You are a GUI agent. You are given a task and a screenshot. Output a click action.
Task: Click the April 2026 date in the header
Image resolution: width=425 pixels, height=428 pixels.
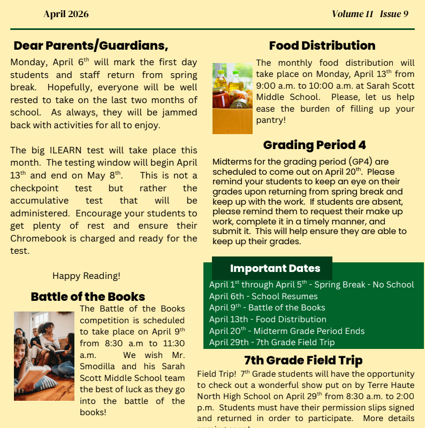pyautogui.click(x=66, y=14)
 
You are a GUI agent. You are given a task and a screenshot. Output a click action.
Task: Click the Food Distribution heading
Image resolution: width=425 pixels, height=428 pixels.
pyautogui.click(x=322, y=45)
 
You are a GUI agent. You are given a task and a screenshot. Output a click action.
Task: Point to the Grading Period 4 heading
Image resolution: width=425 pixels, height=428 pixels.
pyautogui.click(x=314, y=145)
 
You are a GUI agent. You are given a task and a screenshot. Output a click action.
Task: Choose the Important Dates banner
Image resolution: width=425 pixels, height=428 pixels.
pyautogui.click(x=275, y=268)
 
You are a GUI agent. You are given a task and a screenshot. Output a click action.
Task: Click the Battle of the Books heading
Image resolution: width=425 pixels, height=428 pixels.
pyautogui.click(x=88, y=297)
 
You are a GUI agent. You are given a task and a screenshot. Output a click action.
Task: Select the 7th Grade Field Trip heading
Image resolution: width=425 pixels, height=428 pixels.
pyautogui.click(x=303, y=360)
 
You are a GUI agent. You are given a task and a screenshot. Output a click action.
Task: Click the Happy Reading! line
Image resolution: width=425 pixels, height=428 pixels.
pyautogui.click(x=86, y=276)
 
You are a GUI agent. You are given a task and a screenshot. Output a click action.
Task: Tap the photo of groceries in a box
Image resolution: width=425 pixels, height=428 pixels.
pyautogui.click(x=232, y=98)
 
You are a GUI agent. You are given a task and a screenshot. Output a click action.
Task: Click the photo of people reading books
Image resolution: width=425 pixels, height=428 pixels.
pyautogui.click(x=44, y=356)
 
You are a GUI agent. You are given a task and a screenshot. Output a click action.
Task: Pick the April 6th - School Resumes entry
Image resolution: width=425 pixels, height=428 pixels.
pyautogui.click(x=263, y=296)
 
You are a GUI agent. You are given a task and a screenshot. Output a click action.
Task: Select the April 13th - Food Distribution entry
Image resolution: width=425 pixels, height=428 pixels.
pyautogui.click(x=268, y=319)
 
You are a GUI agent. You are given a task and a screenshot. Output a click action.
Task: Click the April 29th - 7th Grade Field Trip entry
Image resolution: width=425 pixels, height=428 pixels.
pyautogui.click(x=272, y=342)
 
